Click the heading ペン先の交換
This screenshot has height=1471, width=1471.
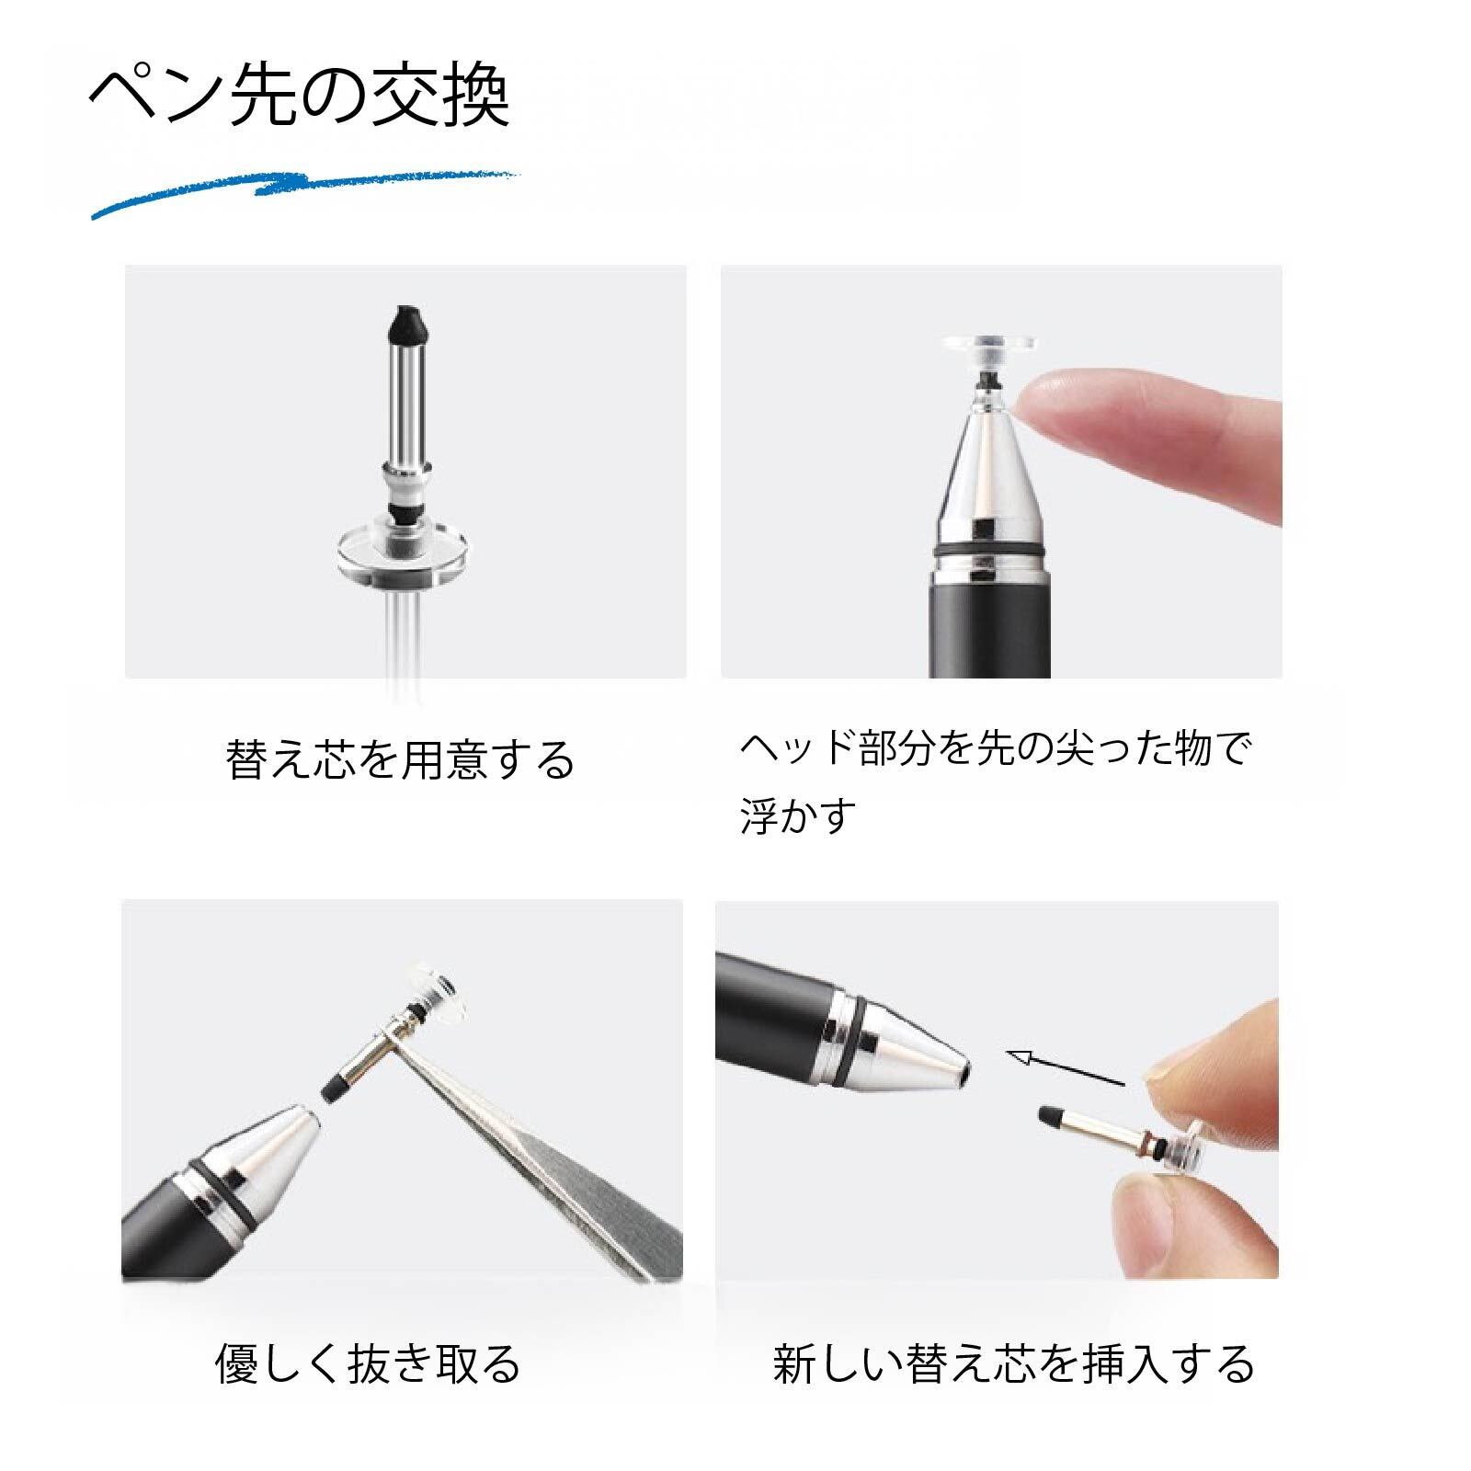click(299, 97)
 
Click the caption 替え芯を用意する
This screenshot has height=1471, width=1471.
click(400, 760)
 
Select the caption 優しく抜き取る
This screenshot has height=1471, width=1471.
click(368, 1363)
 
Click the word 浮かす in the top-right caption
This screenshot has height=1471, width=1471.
click(798, 815)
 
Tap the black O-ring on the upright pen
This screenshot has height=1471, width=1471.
click(991, 551)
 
